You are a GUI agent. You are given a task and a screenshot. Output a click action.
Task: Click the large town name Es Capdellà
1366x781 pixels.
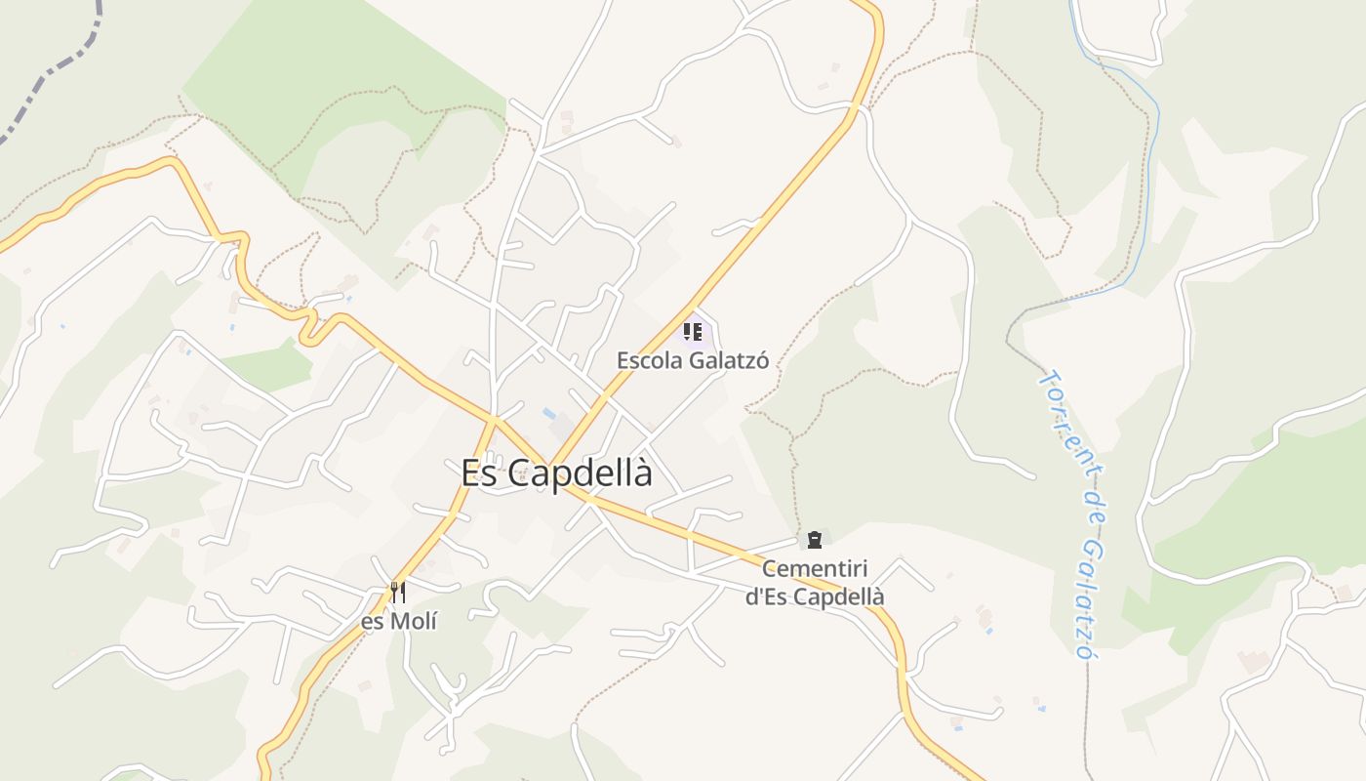pyautogui.click(x=556, y=473)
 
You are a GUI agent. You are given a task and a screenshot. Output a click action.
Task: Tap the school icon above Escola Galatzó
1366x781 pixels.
pyautogui.click(x=693, y=332)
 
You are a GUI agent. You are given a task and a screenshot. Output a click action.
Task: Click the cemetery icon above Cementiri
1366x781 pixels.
pyautogui.click(x=814, y=539)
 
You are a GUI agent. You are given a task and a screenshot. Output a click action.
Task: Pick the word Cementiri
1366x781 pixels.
pyautogui.click(x=815, y=568)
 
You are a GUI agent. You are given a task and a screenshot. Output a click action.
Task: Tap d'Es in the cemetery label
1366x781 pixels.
pyautogui.click(x=765, y=596)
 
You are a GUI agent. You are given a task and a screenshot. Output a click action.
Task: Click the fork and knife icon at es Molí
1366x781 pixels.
pyautogui.click(x=397, y=592)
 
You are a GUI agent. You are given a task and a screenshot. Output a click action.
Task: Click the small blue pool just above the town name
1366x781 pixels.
pyautogui.click(x=548, y=412)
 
